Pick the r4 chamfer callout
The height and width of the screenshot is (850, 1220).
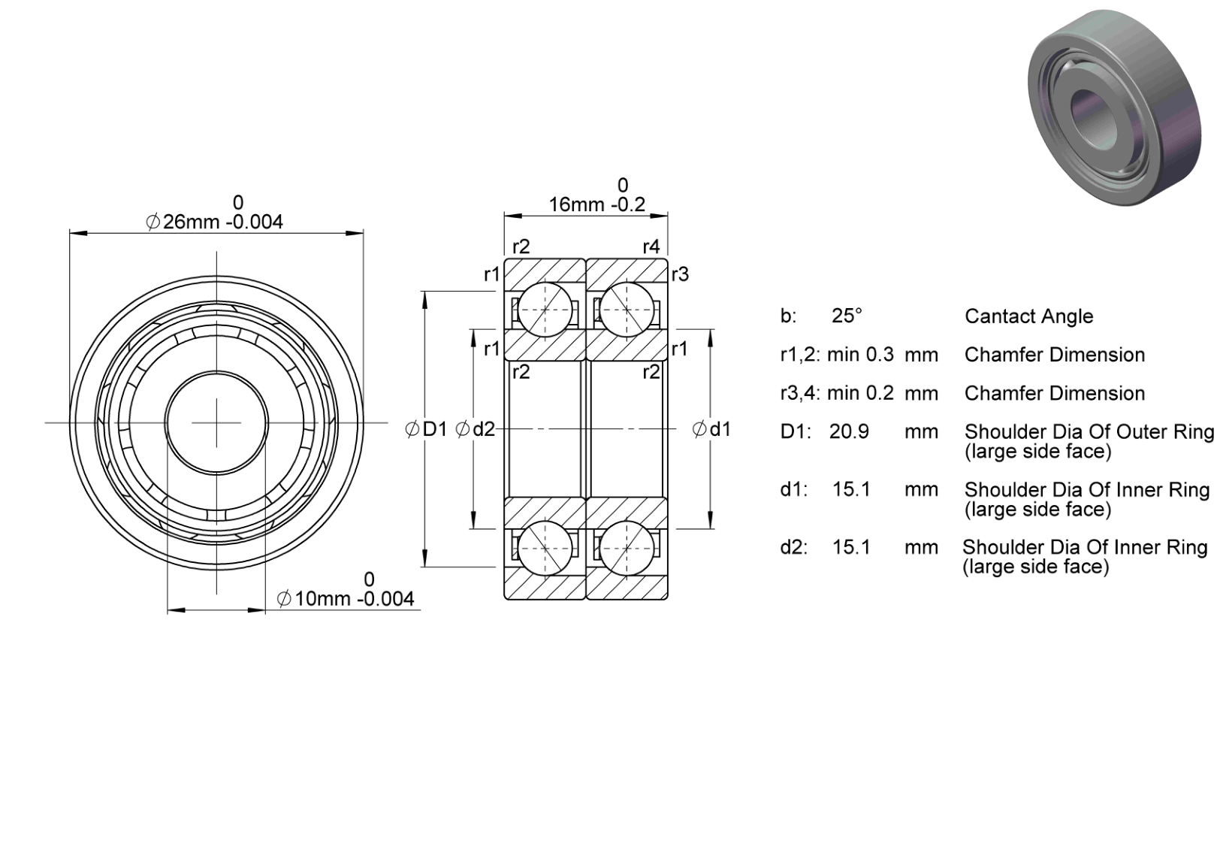(651, 247)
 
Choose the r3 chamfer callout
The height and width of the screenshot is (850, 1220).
(681, 274)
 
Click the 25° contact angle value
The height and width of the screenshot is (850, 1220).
(847, 316)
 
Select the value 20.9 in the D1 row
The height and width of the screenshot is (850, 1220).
(849, 431)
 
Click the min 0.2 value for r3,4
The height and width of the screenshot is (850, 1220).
(861, 393)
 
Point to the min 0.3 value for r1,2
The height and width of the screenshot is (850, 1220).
(861, 355)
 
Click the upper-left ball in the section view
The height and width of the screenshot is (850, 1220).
(545, 310)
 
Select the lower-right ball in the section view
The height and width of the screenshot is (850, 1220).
(627, 548)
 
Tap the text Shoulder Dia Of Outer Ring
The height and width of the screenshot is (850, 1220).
(1089, 431)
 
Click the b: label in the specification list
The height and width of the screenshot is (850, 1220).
(788, 316)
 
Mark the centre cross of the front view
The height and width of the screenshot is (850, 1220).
(217, 422)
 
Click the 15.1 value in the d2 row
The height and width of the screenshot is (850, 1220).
(851, 547)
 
